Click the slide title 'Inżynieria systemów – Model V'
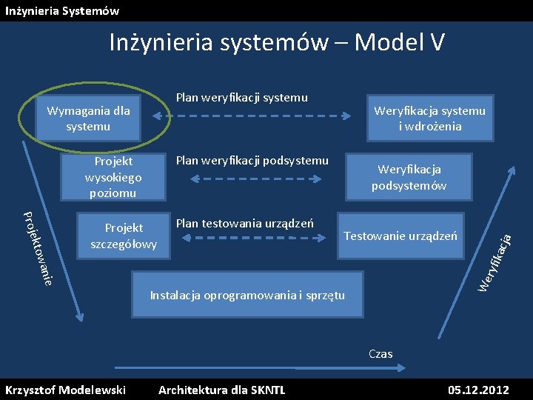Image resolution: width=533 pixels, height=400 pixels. (277, 42)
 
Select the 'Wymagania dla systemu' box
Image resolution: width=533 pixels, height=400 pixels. (88, 119)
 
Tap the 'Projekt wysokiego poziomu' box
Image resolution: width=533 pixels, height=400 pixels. (113, 177)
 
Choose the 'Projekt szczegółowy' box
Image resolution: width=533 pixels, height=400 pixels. (124, 236)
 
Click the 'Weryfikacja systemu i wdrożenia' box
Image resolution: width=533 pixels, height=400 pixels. (429, 119)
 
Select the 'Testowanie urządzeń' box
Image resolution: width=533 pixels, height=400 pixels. (400, 236)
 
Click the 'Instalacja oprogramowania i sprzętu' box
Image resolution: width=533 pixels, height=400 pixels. (247, 295)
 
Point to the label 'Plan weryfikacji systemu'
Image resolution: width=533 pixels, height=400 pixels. (241, 97)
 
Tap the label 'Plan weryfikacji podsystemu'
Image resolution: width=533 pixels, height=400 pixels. (252, 161)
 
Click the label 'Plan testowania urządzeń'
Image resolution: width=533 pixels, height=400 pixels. (244, 223)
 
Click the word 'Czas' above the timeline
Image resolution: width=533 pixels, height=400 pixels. (381, 354)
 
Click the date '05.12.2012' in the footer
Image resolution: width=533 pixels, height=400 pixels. (478, 390)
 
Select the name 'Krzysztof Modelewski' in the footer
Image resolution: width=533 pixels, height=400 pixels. (65, 390)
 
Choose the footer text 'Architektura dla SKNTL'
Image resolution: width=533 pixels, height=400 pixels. (221, 390)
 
